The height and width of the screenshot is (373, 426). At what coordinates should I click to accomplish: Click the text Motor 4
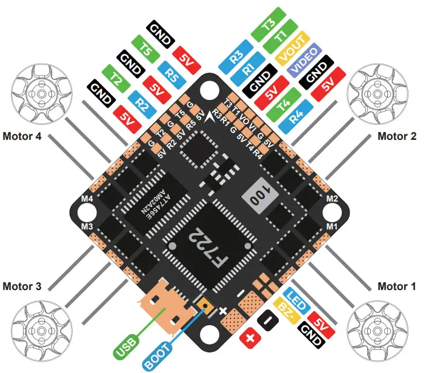coord(22,136)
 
